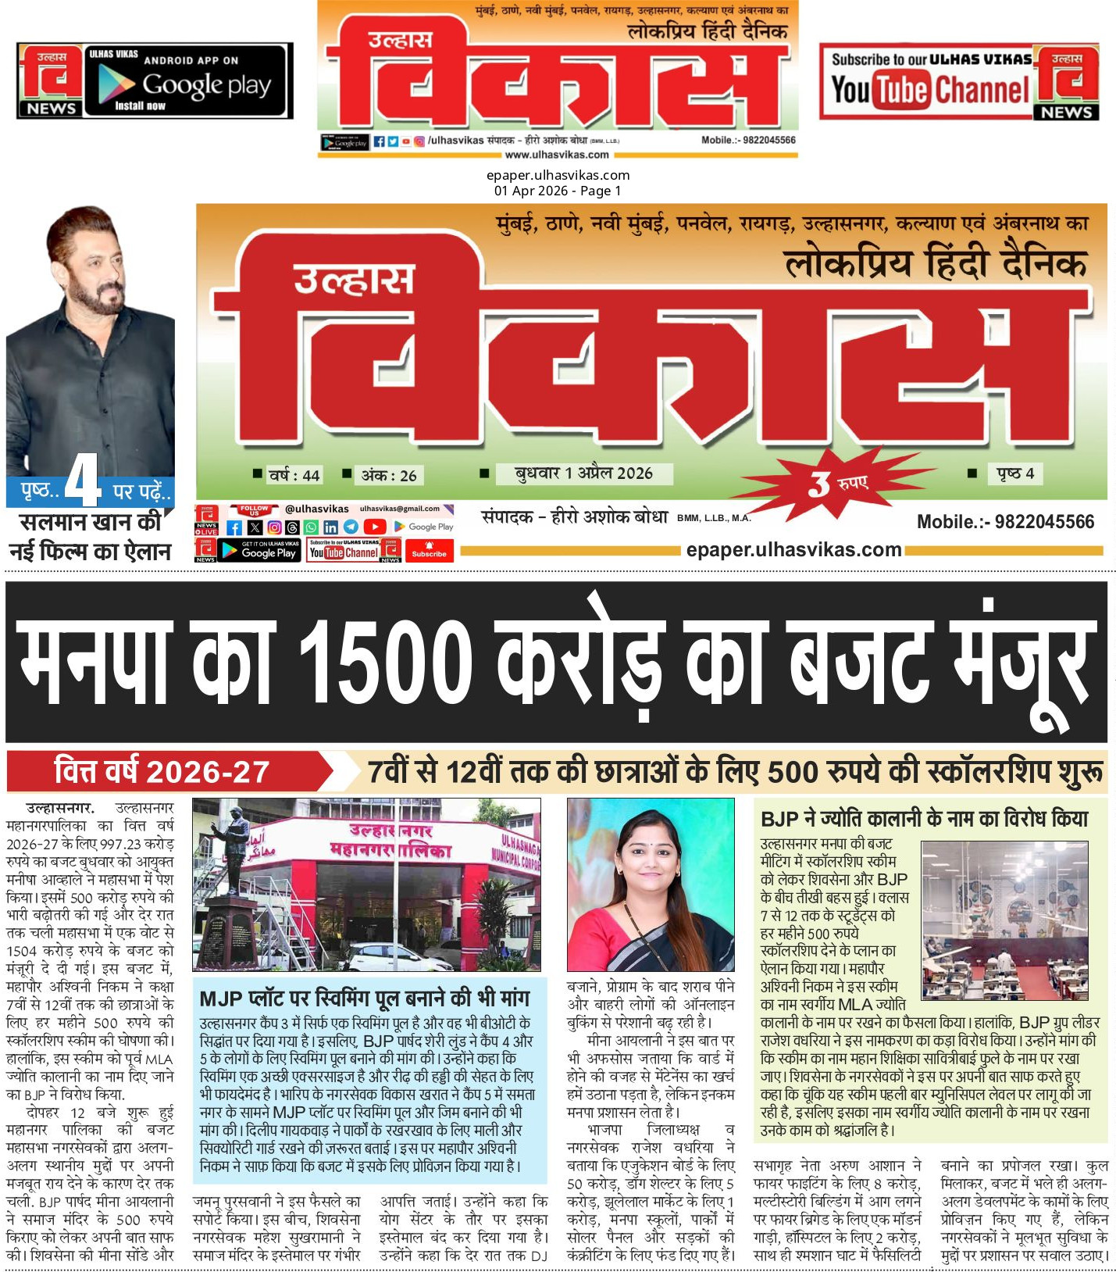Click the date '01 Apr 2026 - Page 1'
(558, 191)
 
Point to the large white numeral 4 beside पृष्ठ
(81, 481)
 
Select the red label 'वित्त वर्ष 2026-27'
(162, 772)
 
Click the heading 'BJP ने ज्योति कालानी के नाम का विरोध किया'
(924, 819)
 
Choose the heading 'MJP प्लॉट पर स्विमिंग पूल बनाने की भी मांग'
(364, 998)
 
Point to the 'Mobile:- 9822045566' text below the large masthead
(1005, 522)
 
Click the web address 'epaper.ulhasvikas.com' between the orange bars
(793, 550)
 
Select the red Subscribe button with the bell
(429, 550)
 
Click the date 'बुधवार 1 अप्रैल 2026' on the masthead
(583, 473)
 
